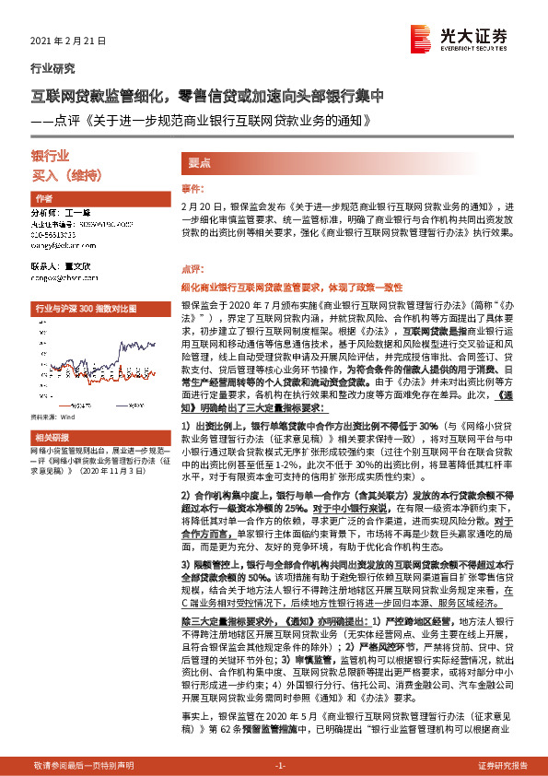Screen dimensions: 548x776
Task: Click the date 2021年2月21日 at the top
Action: tap(68, 42)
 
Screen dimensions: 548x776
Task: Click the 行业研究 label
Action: tap(53, 68)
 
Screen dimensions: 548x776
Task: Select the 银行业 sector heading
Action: tap(51, 158)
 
